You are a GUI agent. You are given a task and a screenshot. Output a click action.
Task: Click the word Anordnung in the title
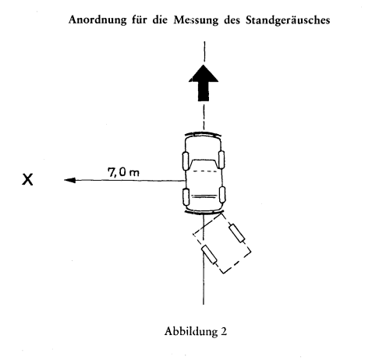click(x=97, y=20)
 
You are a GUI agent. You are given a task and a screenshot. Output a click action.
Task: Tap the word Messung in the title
click(x=196, y=20)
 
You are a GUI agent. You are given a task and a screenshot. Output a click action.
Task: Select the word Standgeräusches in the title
click(x=288, y=20)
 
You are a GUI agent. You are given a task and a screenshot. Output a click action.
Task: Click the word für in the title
click(x=140, y=20)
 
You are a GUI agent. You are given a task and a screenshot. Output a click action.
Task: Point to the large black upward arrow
click(x=204, y=83)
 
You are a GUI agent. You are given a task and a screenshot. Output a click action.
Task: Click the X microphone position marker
click(x=27, y=179)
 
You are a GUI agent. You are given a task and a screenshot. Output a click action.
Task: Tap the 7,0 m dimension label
click(x=123, y=172)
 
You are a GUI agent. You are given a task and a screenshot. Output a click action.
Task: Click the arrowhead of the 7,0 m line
click(x=69, y=180)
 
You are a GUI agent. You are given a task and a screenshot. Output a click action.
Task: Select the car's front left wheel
click(x=186, y=161)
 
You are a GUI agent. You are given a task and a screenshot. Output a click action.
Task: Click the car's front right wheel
click(x=221, y=159)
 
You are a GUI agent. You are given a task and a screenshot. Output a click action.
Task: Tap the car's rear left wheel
click(x=186, y=196)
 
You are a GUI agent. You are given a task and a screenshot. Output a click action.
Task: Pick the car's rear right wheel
click(x=221, y=194)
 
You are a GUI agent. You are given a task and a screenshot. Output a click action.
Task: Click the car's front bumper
click(x=203, y=134)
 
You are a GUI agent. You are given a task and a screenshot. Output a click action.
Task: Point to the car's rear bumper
click(x=204, y=213)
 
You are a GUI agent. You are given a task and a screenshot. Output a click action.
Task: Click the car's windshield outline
click(x=204, y=164)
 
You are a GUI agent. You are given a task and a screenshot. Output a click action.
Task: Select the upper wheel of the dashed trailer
click(x=237, y=233)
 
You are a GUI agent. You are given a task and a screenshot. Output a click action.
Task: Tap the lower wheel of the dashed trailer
click(x=209, y=255)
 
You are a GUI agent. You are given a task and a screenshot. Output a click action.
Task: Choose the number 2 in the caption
click(x=224, y=332)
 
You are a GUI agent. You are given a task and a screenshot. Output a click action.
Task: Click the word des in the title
click(x=232, y=20)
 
